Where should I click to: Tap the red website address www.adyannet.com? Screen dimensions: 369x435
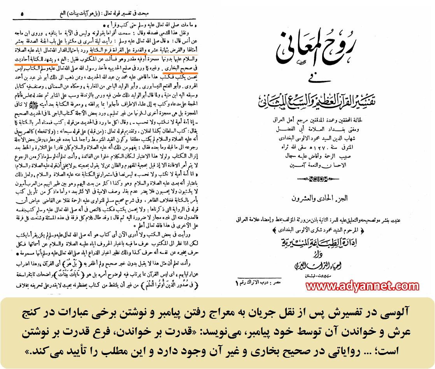(x=362, y=286)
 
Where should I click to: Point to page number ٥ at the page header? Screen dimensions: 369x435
(x=22, y=14)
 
